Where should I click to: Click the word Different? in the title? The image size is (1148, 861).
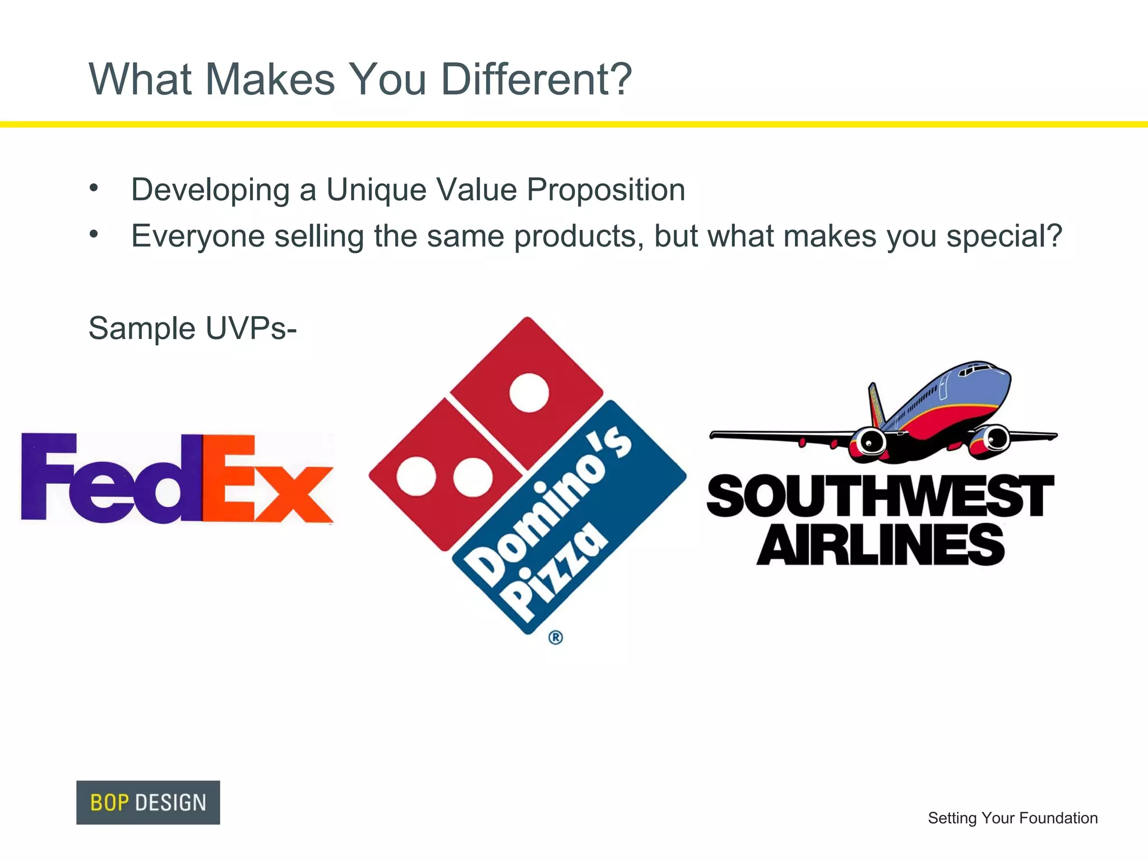point(536,79)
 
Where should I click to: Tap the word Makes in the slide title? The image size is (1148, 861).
point(270,79)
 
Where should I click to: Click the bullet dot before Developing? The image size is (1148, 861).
point(94,188)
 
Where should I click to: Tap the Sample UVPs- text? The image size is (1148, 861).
point(192,328)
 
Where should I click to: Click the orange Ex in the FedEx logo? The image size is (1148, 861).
point(267,479)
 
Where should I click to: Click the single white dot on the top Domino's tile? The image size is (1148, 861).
point(529,392)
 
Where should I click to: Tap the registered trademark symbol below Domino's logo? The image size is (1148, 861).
point(556,637)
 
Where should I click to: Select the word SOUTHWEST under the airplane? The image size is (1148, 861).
point(880,496)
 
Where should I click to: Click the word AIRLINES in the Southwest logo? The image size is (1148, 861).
point(880,545)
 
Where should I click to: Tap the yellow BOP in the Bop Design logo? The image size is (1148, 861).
point(109,803)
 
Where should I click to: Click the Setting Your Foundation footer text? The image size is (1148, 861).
point(1012,818)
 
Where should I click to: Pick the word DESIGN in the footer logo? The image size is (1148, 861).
point(171,803)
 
